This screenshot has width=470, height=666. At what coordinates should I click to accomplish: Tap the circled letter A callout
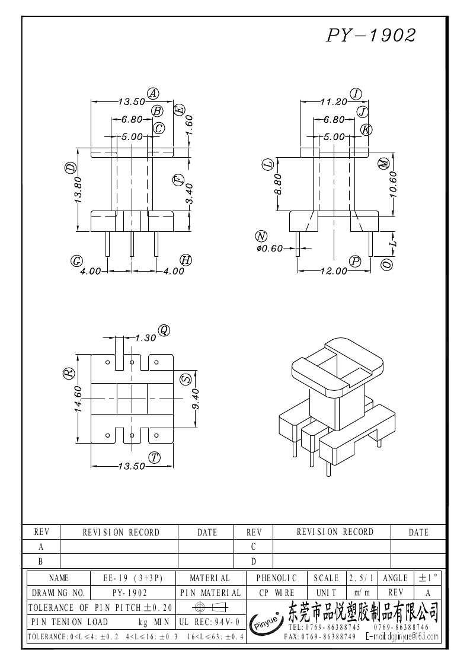point(153,93)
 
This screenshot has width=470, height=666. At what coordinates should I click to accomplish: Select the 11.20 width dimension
point(333,102)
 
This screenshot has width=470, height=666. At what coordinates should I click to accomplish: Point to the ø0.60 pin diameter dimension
point(270,248)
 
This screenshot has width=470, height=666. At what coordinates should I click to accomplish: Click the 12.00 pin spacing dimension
point(334,271)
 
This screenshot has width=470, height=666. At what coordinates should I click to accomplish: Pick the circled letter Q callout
point(164,330)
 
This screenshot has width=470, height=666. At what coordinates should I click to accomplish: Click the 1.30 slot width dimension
point(145,337)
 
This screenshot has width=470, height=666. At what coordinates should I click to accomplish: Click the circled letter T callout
point(155,457)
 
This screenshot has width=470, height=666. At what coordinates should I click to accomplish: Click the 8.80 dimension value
point(277,184)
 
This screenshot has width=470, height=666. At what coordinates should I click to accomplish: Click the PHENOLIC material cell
point(276,578)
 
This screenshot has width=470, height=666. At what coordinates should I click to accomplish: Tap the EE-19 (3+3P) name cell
point(133,578)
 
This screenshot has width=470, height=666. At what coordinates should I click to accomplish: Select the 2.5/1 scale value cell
point(360,578)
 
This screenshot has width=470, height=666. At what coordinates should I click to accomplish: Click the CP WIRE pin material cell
point(276,592)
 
